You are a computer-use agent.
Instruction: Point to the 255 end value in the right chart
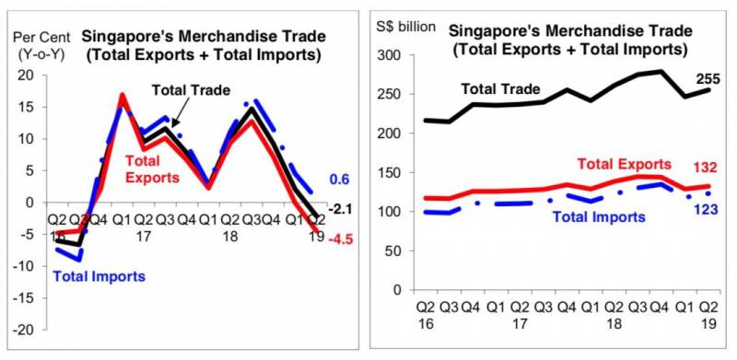click(707, 79)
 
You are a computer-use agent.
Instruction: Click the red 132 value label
click(705, 168)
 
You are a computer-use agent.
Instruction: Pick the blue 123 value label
click(705, 209)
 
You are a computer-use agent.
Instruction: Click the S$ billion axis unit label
click(405, 27)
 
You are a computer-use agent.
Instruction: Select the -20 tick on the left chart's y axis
click(26, 330)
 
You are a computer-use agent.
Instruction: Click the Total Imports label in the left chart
click(99, 276)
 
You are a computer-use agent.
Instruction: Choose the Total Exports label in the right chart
click(624, 164)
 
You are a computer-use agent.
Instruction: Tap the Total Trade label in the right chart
click(500, 88)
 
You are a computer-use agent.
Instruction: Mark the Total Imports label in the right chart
click(599, 216)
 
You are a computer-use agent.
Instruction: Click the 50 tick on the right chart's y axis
click(395, 250)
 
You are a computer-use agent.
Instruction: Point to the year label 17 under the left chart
click(143, 235)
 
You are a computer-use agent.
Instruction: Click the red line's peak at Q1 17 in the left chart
click(123, 96)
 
